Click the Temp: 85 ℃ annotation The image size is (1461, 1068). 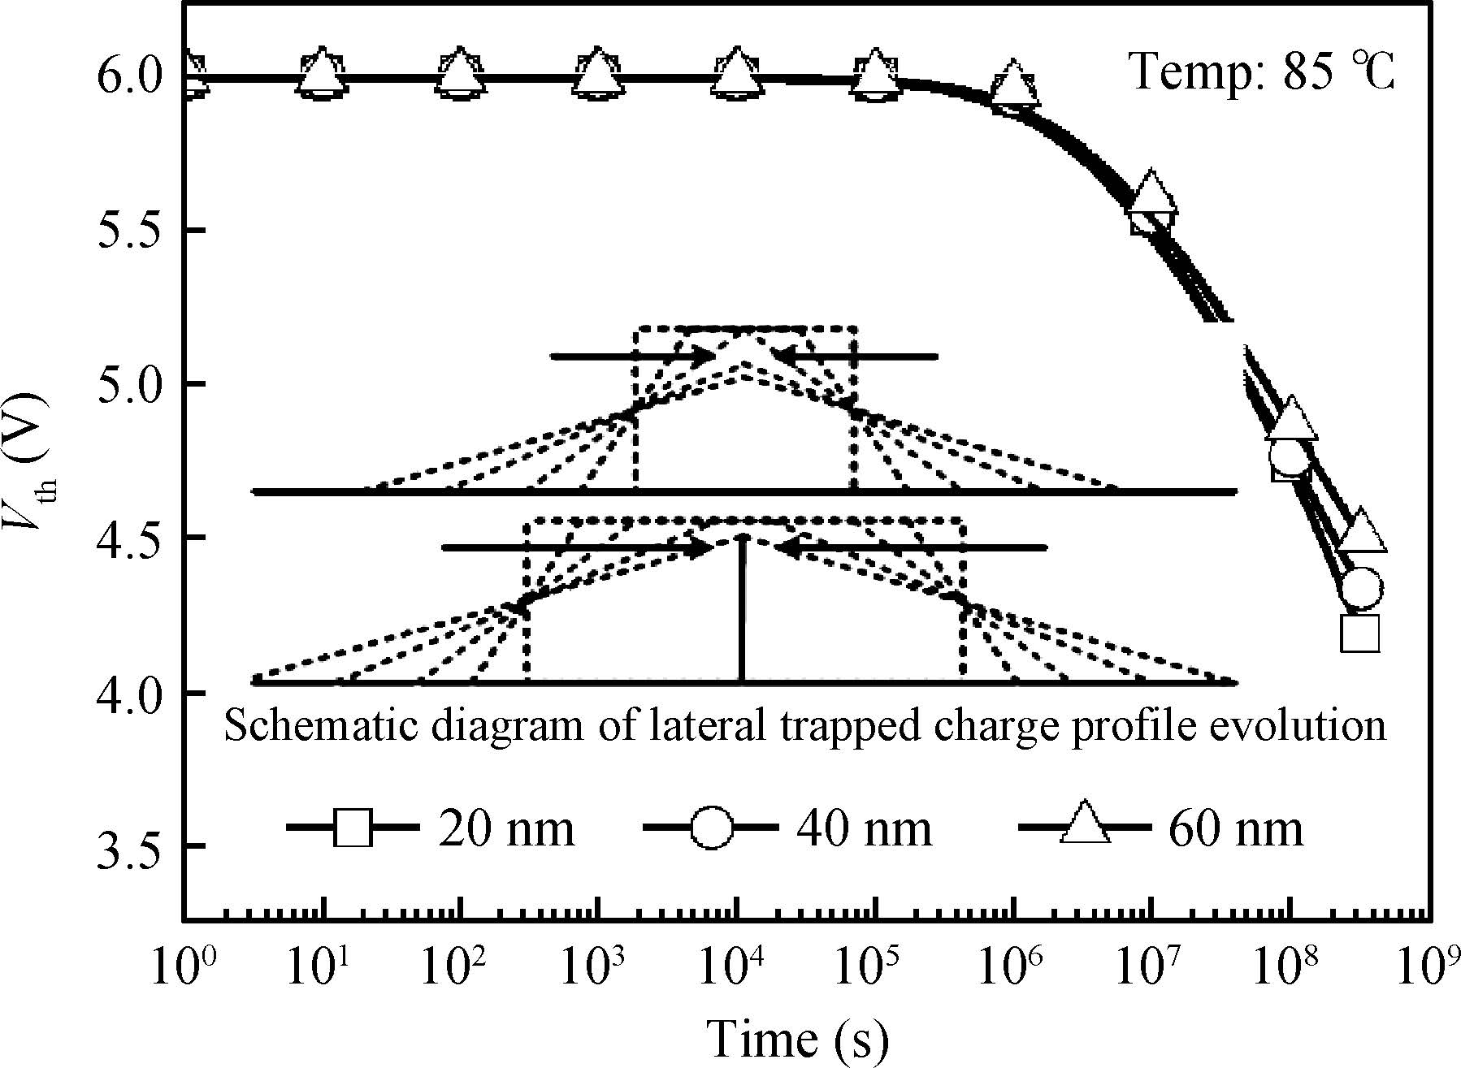pyautogui.click(x=1262, y=71)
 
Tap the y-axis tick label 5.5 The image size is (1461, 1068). pyautogui.click(x=128, y=231)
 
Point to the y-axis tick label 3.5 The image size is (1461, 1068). pyautogui.click(x=128, y=846)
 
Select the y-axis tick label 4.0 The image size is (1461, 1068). pyautogui.click(x=128, y=692)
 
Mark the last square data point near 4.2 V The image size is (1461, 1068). pyautogui.click(x=1359, y=634)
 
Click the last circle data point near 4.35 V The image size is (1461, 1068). pyautogui.click(x=1361, y=588)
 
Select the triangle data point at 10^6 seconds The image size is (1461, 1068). pyautogui.click(x=1013, y=84)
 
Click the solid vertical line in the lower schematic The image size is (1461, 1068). pyautogui.click(x=742, y=609)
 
